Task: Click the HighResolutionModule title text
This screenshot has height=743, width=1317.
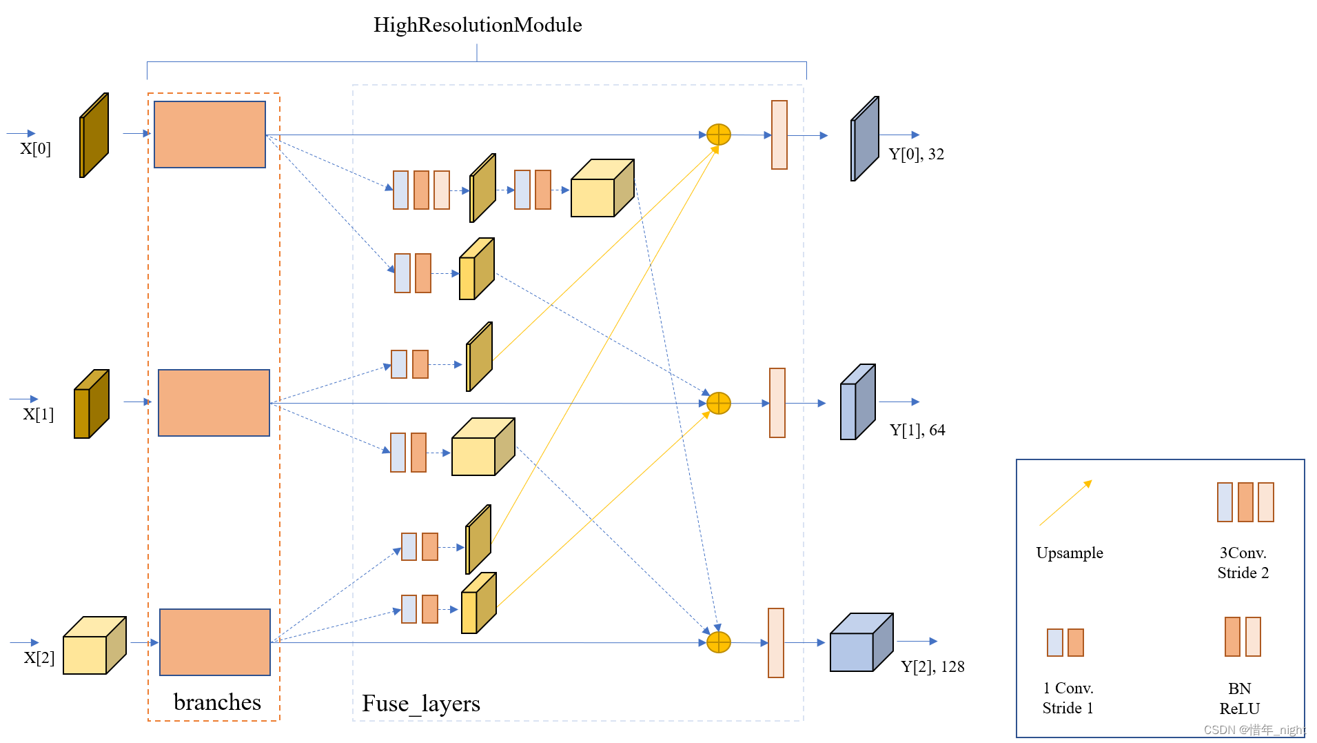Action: (477, 25)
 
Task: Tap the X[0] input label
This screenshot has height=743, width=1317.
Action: (35, 148)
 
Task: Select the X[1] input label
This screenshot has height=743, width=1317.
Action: (38, 414)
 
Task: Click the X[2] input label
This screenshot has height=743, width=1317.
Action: (39, 657)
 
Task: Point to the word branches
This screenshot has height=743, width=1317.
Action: (217, 702)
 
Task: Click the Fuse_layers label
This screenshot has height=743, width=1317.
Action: (420, 703)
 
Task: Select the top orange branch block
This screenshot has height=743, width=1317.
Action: (210, 135)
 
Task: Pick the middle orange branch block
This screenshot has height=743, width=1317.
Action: (214, 403)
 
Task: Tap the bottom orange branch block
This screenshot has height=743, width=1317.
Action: (215, 642)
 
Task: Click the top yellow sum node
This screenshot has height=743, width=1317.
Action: (719, 135)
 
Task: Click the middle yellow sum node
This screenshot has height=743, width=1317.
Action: (719, 403)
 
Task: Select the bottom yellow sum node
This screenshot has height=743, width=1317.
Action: (719, 642)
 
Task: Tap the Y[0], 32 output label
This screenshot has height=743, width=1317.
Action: (916, 154)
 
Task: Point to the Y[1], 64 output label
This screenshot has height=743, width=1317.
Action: (917, 430)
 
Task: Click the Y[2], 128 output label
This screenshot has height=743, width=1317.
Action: (932, 666)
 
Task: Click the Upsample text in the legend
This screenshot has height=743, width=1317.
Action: (1069, 553)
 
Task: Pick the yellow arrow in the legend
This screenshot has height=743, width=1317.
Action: (1065, 503)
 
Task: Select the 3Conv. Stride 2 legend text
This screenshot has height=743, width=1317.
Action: (1243, 562)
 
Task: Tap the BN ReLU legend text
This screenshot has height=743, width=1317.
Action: (1239, 698)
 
